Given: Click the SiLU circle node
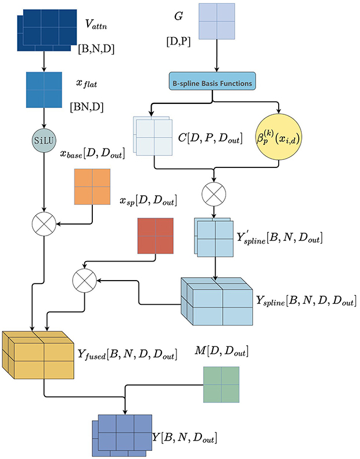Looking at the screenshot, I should point(45,140).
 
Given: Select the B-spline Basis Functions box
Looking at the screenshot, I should point(213,82).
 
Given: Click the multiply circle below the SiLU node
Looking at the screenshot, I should point(45,222).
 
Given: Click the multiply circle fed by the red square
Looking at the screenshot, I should point(84,281).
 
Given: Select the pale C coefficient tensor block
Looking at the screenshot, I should point(153,136).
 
